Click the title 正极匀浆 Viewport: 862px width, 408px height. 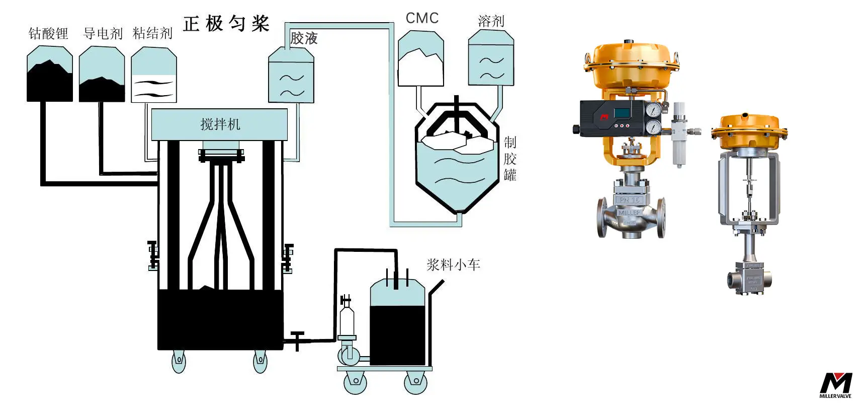226,23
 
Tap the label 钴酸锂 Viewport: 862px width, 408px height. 48,34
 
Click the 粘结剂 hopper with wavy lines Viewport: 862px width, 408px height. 154,76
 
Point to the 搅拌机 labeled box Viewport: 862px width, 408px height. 220,124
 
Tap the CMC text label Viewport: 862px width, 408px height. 422,18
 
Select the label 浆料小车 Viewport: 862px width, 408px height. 453,264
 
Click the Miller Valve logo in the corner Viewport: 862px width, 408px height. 836,385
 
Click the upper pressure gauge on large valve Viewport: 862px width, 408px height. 654,110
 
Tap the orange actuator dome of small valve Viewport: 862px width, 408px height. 749,128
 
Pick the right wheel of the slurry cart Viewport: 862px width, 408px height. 415,381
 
